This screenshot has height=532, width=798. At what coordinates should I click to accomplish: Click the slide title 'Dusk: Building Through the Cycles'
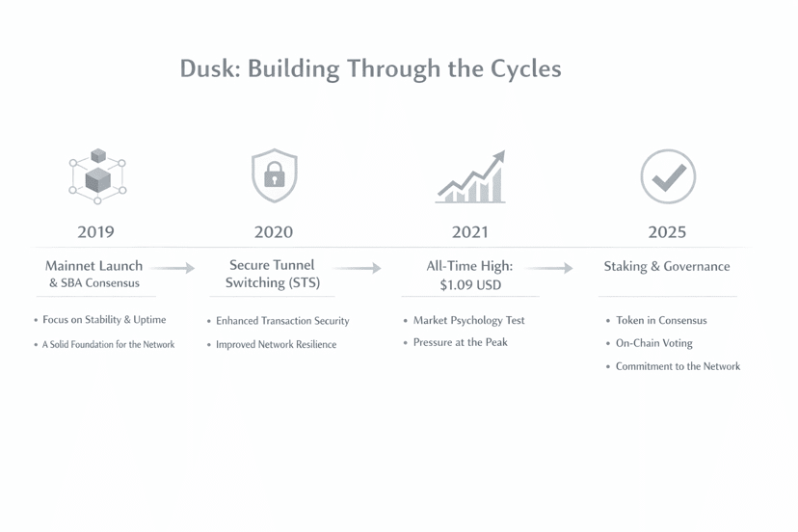pyautogui.click(x=370, y=69)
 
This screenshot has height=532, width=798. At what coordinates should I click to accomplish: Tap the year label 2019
pyautogui.click(x=95, y=232)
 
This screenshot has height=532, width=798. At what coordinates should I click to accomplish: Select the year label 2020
pyautogui.click(x=274, y=232)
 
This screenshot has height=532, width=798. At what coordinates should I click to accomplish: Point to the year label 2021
pyautogui.click(x=469, y=232)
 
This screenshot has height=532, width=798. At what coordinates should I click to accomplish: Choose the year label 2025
pyautogui.click(x=667, y=232)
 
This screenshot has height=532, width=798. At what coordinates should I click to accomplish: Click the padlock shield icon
pyautogui.click(x=275, y=175)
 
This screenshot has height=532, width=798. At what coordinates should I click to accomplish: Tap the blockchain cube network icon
pyautogui.click(x=97, y=175)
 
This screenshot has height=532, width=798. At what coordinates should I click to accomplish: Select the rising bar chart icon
pyautogui.click(x=471, y=177)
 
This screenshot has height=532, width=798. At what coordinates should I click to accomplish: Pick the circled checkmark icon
pyautogui.click(x=668, y=176)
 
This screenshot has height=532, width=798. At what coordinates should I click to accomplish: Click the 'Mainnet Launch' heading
pyautogui.click(x=93, y=265)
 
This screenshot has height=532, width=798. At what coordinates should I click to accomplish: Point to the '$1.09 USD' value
pyautogui.click(x=470, y=285)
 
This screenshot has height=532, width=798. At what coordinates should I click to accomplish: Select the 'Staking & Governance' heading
pyautogui.click(x=667, y=266)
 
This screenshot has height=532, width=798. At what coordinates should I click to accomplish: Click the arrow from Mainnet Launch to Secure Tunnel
pyautogui.click(x=173, y=268)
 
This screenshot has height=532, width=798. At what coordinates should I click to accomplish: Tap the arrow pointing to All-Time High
pyautogui.click(x=358, y=268)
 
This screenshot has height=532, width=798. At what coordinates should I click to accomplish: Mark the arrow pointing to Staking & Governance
pyautogui.click(x=550, y=268)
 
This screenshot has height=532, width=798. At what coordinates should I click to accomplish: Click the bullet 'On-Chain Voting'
pyautogui.click(x=653, y=343)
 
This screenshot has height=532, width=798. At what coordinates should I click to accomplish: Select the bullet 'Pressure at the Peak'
pyautogui.click(x=460, y=342)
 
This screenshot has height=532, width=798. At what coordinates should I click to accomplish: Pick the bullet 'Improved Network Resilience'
pyautogui.click(x=276, y=344)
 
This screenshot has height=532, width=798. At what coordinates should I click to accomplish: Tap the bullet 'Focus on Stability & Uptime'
pyautogui.click(x=104, y=320)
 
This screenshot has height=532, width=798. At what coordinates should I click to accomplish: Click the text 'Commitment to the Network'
pyautogui.click(x=678, y=366)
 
